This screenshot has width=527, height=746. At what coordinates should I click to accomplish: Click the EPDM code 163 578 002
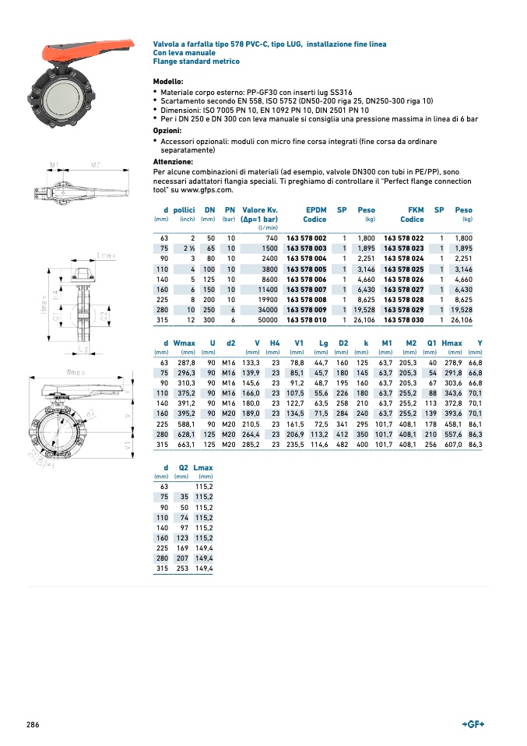306,238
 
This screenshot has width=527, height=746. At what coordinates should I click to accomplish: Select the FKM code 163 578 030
403,319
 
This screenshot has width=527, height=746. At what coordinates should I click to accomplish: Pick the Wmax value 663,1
184,444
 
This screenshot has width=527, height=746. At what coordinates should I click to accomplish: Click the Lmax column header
203,468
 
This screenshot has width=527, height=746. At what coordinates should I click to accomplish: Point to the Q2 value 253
182,568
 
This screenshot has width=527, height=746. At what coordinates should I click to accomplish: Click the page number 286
33,725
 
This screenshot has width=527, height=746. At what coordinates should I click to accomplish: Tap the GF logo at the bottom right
473,724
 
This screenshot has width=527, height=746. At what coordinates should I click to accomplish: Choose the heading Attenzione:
174,162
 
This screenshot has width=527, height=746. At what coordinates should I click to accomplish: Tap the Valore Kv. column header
260,210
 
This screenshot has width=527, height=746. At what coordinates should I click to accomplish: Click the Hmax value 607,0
451,444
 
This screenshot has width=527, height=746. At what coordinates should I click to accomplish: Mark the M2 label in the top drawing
95,165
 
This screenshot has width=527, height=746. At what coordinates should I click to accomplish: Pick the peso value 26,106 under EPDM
364,319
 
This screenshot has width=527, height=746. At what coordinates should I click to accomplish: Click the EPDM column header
316,210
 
